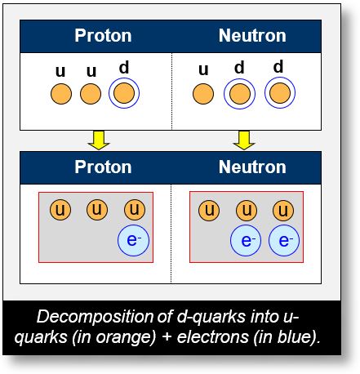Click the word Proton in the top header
[103, 36]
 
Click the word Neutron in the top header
[252, 36]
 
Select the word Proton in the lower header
[103, 167]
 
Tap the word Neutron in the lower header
[252, 167]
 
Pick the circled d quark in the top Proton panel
[123, 95]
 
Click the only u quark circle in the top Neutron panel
[203, 95]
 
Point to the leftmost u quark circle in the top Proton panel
[60, 95]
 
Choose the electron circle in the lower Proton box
[133, 240]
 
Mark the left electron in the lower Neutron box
[246, 240]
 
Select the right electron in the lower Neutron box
[283, 240]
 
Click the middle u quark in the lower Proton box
[96, 210]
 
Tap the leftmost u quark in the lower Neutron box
[210, 210]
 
